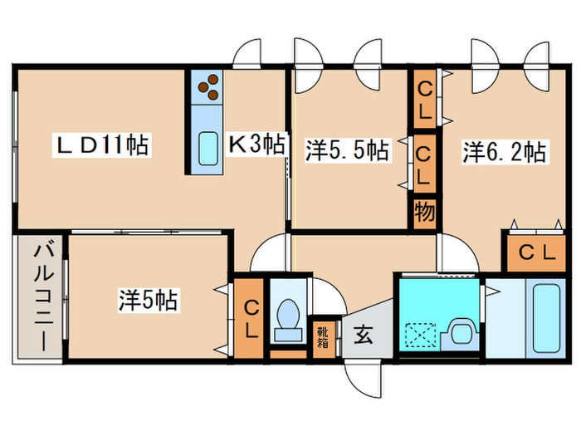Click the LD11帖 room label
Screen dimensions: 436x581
tap(104, 147)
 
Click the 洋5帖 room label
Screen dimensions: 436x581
tap(149, 300)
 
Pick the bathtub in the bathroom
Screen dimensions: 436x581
tap(548, 316)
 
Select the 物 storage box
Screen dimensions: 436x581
tap(423, 213)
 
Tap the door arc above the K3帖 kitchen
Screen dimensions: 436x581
tap(249, 56)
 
